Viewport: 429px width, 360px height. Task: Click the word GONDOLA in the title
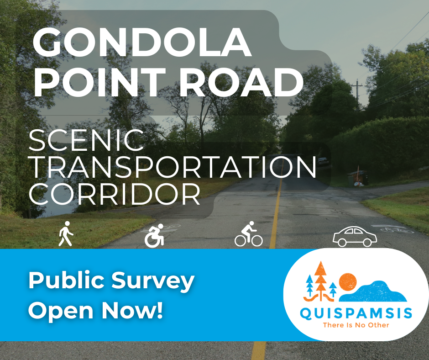click(x=142, y=42)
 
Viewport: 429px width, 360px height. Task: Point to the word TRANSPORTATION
click(x=173, y=167)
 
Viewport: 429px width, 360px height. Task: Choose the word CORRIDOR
click(x=115, y=194)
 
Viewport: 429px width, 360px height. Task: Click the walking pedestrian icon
click(x=66, y=234)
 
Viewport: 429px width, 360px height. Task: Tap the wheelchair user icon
click(x=154, y=236)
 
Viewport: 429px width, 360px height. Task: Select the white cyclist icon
click(x=248, y=234)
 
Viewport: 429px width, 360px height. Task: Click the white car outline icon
click(x=355, y=236)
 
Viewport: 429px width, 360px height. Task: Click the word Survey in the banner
click(x=153, y=281)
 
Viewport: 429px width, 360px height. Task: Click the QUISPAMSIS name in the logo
click(x=356, y=313)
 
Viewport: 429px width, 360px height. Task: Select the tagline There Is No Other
click(x=356, y=325)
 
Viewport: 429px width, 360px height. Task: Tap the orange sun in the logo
click(x=348, y=281)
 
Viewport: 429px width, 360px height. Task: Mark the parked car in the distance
click(x=323, y=161)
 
